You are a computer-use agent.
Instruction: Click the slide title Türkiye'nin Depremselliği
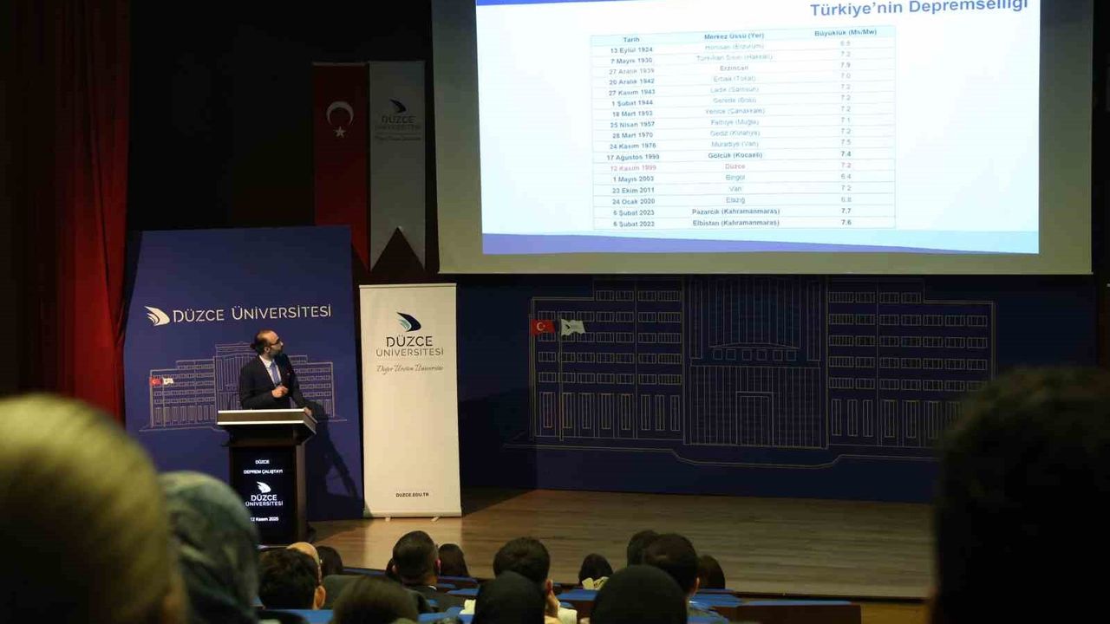click(x=918, y=8)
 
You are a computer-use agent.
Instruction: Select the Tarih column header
click(x=630, y=39)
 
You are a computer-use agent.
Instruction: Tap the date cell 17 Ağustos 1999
click(x=633, y=157)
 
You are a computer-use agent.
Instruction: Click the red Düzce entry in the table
click(x=735, y=166)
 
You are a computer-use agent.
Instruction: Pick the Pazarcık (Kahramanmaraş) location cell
click(x=735, y=211)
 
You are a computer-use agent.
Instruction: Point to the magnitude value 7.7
click(x=846, y=211)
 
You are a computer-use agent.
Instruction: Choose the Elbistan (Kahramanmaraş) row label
click(x=735, y=223)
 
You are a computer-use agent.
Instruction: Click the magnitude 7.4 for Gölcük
click(x=846, y=153)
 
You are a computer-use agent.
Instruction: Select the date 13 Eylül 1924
click(x=631, y=50)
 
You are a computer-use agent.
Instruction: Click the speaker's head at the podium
click(x=266, y=344)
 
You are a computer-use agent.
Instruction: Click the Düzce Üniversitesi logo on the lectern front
click(x=263, y=493)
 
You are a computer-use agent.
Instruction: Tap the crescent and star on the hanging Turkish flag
click(x=339, y=116)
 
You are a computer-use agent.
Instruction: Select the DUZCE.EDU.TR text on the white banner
click(x=412, y=494)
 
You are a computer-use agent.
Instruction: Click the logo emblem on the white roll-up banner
click(x=408, y=322)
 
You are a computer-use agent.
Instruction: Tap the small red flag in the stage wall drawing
click(x=541, y=327)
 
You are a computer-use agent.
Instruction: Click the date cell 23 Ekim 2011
click(x=633, y=190)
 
